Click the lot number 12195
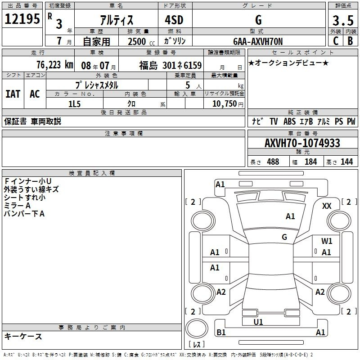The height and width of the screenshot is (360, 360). click(x=22, y=19)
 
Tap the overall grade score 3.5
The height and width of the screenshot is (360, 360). click(x=343, y=21)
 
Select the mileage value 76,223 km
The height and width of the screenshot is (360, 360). click(x=55, y=65)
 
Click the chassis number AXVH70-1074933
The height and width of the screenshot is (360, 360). click(x=302, y=143)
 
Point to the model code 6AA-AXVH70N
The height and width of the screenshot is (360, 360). click(x=258, y=41)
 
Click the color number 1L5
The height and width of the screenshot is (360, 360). click(x=75, y=104)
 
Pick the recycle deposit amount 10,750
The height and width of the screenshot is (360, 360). click(x=225, y=104)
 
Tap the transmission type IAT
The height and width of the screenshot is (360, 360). click(x=13, y=94)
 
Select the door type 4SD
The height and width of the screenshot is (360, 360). click(x=174, y=20)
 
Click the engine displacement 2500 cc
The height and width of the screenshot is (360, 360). click(x=141, y=41)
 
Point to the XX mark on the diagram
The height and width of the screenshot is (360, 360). click(x=327, y=206)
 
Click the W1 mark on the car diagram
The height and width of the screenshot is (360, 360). click(x=327, y=241)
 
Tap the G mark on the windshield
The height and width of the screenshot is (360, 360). click(x=284, y=237)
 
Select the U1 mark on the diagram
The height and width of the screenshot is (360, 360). click(x=258, y=322)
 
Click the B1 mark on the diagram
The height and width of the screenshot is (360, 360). click(x=221, y=332)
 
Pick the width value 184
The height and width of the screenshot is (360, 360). click(x=311, y=162)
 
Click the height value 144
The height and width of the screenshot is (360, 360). click(x=346, y=162)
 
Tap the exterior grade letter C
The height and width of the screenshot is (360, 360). click(x=336, y=41)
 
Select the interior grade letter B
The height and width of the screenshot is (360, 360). click(x=350, y=41)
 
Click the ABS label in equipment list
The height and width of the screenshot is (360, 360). click(x=289, y=121)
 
